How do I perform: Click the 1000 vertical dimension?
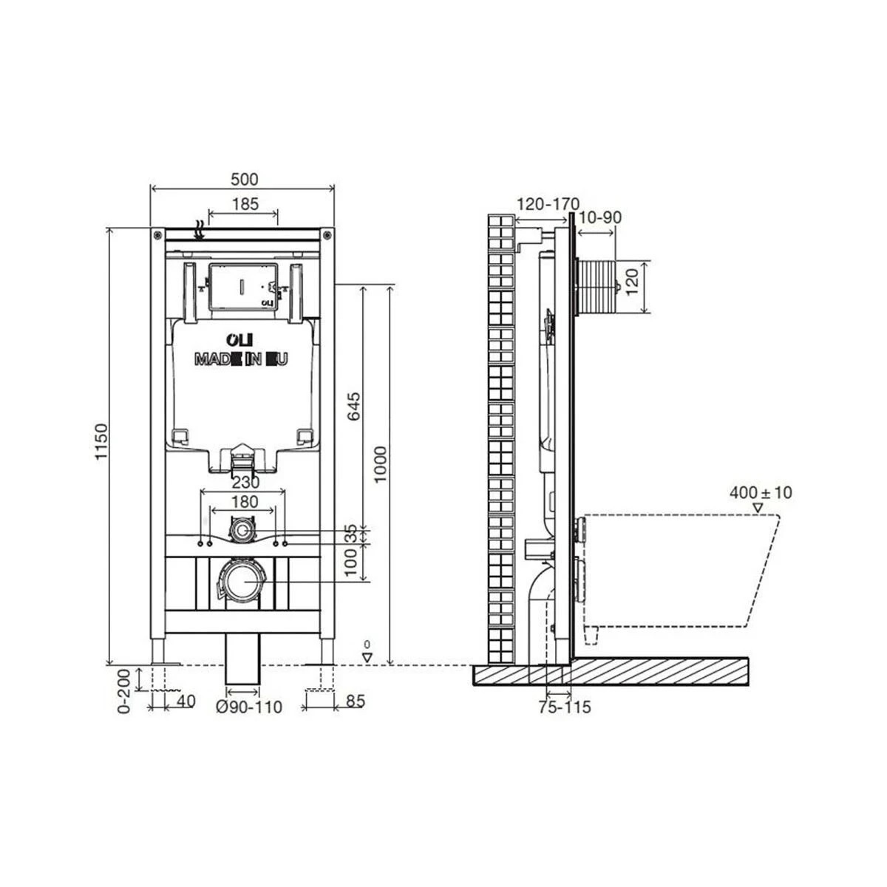click(x=380, y=463)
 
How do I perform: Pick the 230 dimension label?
click(x=245, y=483)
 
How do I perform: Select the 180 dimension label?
click(x=245, y=503)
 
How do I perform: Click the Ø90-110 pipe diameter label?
click(x=249, y=707)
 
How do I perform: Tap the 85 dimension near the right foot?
click(x=356, y=701)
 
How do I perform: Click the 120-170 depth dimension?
click(x=548, y=204)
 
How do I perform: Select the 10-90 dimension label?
click(x=599, y=217)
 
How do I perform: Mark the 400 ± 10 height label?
click(x=760, y=492)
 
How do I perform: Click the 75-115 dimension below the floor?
click(x=564, y=707)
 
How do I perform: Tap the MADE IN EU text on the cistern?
click(x=242, y=359)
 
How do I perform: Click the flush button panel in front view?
click(x=242, y=285)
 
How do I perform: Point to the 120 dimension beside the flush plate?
click(x=632, y=282)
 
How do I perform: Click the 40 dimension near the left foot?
click(x=186, y=701)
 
